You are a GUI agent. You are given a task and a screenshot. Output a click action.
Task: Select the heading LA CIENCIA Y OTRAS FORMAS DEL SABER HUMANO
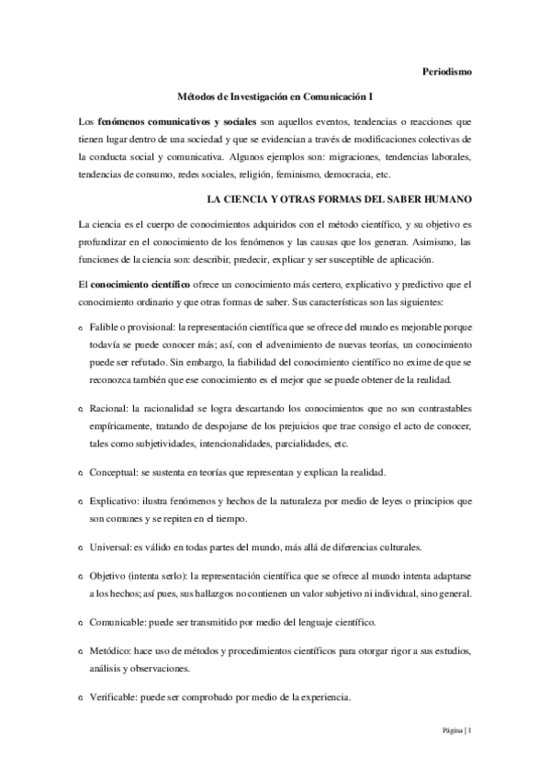point(339,198)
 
